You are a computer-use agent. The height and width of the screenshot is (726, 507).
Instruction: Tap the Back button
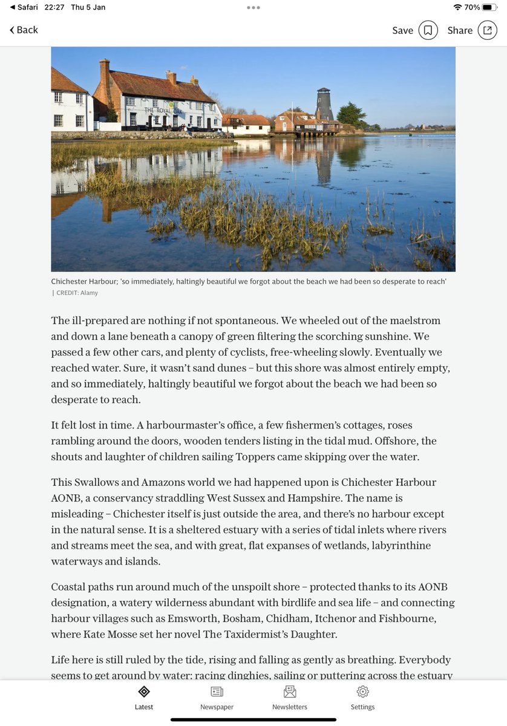pos(24,30)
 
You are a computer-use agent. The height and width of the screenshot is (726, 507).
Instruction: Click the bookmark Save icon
pos(428,30)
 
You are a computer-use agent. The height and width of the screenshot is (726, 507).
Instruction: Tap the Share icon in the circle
pos(487,30)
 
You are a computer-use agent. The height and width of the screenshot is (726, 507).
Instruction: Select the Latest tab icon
pos(144,692)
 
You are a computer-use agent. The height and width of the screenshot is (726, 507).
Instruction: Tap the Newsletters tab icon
pos(290,692)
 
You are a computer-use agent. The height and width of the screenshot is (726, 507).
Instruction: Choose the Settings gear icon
pos(362,692)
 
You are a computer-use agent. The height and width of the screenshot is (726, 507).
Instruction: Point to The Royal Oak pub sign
pos(162,110)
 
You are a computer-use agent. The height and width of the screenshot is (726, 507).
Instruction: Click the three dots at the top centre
pos(253,7)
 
